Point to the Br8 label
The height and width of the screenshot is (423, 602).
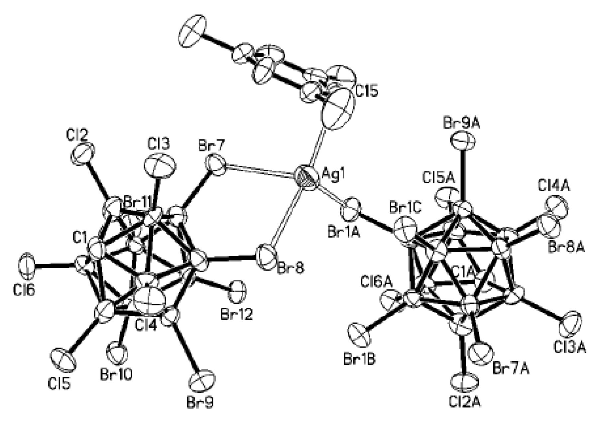pos(290,268)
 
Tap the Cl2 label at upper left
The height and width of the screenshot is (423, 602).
pos(77,135)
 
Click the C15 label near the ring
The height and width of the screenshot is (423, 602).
pos(367,91)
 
